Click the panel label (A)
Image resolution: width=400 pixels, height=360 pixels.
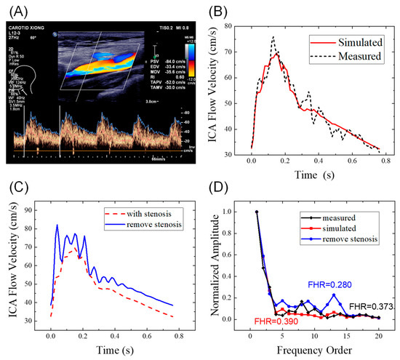(15, 10)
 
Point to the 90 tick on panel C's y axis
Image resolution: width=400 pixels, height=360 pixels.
(29, 211)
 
